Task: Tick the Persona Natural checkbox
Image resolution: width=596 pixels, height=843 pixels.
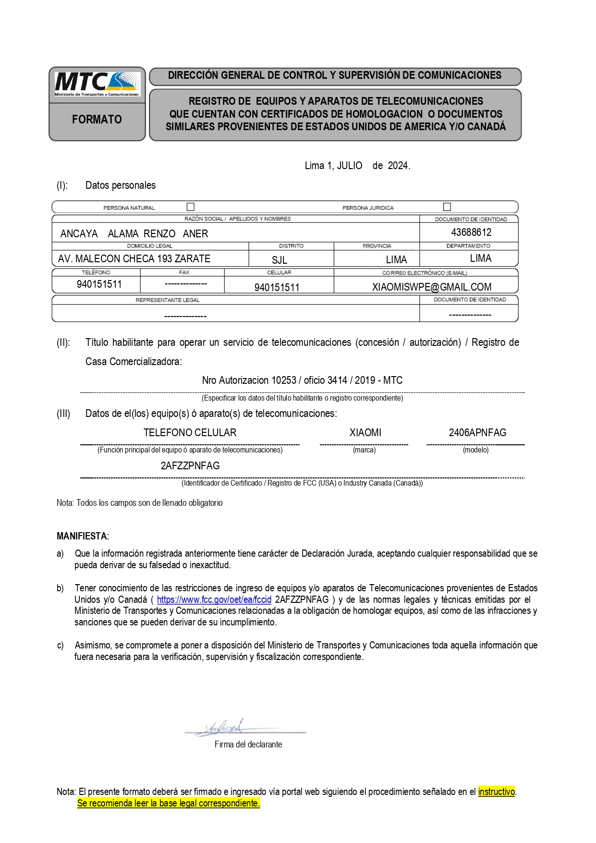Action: pos(191,207)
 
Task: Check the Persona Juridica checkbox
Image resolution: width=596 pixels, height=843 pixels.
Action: pos(447,207)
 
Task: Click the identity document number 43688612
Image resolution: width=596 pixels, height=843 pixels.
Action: pos(471,232)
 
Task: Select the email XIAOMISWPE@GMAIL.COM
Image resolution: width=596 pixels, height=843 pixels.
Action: pos(431,287)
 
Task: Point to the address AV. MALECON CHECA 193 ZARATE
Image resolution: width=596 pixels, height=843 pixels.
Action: pos(134,259)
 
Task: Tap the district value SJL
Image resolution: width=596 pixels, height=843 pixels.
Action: pos(280,260)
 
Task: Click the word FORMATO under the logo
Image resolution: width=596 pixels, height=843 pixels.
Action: pos(97,120)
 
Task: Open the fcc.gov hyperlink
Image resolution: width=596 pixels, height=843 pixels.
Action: pos(214,600)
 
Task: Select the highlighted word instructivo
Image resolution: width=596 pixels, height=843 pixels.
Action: pos(497,792)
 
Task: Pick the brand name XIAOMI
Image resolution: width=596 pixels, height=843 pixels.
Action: pos(365,433)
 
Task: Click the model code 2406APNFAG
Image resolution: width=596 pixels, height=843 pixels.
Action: pos(477,433)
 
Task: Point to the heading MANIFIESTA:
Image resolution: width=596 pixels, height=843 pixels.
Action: pos(83,536)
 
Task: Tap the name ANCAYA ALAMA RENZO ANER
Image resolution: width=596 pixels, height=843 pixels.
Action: pos(134,234)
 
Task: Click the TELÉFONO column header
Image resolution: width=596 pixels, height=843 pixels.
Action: pos(96,272)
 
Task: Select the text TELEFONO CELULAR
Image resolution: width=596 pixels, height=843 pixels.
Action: pos(190,433)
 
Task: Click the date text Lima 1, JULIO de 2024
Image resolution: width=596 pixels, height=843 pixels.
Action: pos(357,166)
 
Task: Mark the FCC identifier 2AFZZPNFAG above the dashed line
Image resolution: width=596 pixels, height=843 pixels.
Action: pos(190,466)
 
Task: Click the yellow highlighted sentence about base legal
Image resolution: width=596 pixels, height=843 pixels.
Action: pos(169,803)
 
